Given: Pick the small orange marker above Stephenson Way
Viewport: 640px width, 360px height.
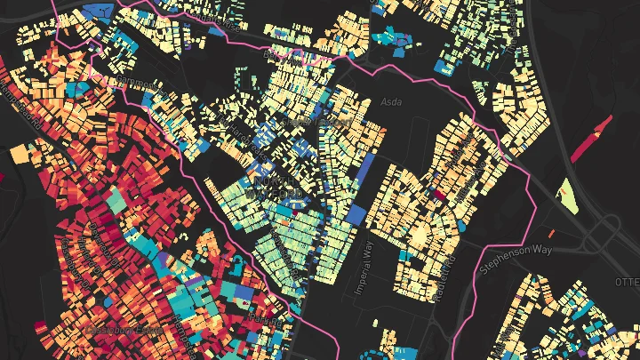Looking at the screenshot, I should click(x=561, y=189).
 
